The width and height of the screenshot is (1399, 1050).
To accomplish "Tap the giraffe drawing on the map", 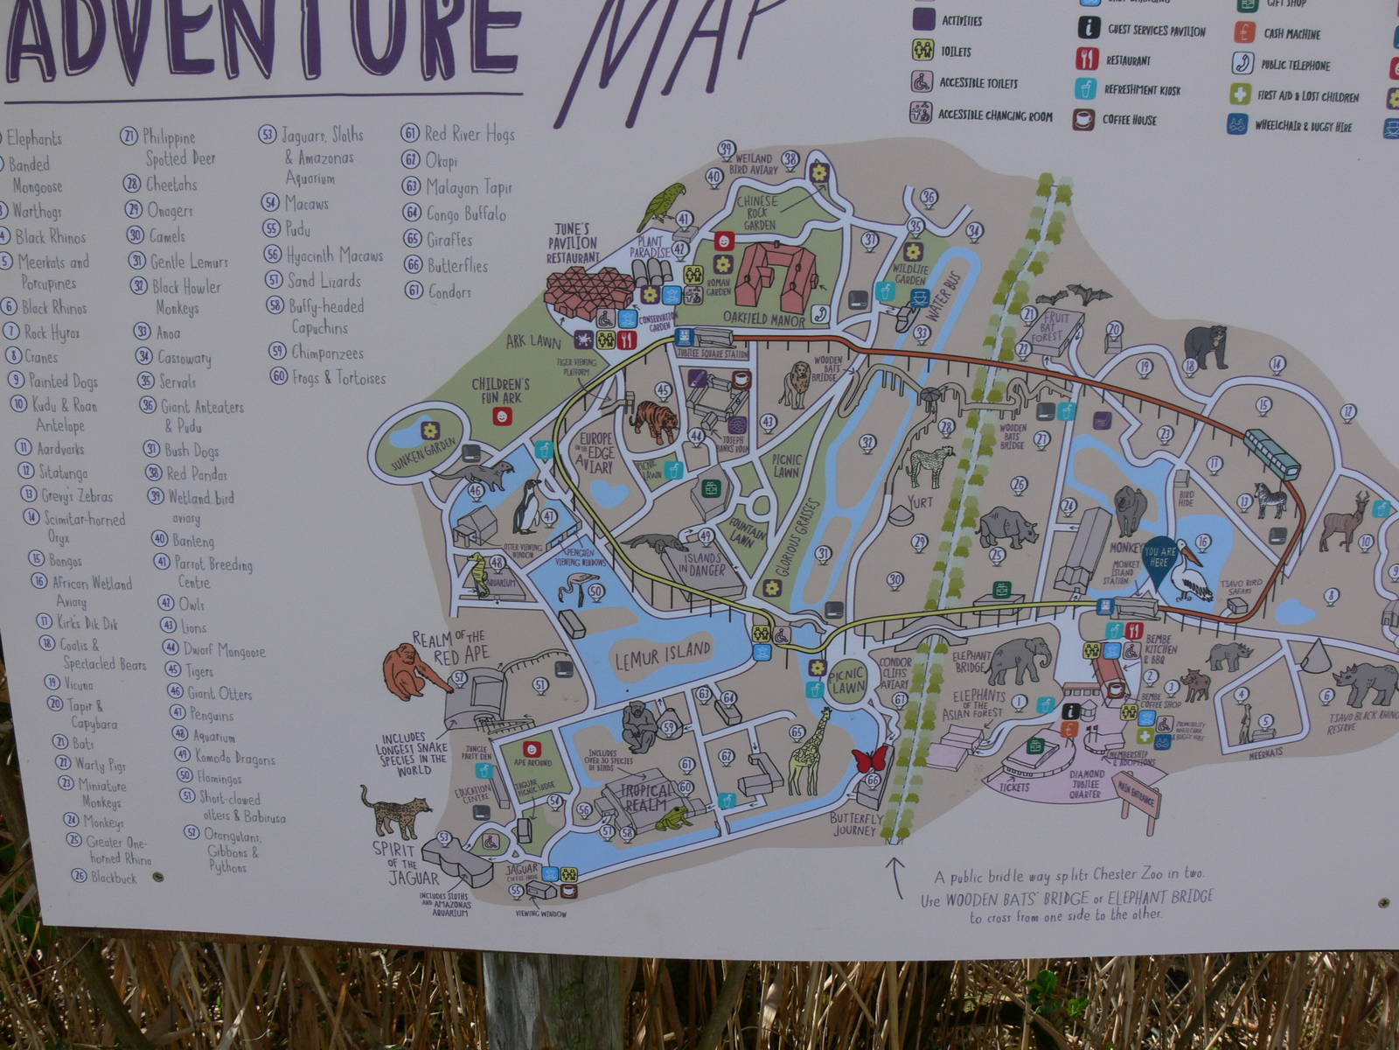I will pos(810,751).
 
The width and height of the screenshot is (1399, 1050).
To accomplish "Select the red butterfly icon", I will pos(870,758).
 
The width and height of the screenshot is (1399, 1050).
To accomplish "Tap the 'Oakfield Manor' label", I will pos(763,320).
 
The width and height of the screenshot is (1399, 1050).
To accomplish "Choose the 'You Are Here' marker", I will pos(1159,558).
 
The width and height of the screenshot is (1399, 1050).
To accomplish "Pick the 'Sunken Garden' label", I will pos(424,454).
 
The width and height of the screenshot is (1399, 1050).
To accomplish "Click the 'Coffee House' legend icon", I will pos(1084,120).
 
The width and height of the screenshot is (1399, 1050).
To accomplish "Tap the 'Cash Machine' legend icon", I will pos(1244,33).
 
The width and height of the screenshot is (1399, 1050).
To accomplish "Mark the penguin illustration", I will pos(526,507).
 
